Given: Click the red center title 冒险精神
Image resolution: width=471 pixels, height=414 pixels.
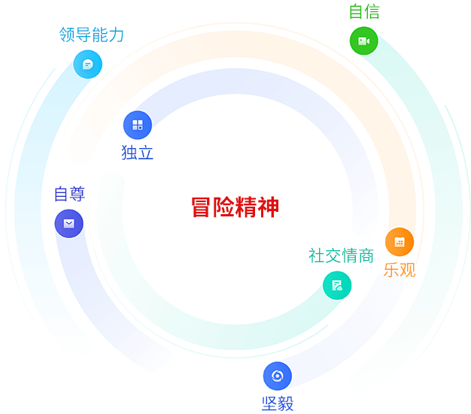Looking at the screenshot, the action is point(235,207).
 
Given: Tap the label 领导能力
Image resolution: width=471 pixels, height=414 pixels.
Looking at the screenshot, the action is point(91,35).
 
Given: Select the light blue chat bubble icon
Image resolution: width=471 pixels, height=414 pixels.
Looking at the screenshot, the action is point(88,64).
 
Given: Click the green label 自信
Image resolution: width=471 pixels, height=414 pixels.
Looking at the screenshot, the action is point(364,12).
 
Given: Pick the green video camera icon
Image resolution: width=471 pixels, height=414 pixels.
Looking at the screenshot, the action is point(363,41).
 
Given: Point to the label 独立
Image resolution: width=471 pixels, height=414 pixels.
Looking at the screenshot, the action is point(137,153).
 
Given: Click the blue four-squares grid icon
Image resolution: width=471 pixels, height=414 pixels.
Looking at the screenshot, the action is point(138,125).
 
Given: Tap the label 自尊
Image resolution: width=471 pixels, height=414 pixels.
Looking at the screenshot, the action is point(69,194).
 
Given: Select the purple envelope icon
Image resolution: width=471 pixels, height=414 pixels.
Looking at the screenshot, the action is point(68,223).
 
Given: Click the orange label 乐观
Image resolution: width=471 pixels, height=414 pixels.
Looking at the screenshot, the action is point(400,270).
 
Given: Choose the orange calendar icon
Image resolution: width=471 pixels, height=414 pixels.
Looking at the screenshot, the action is point(400,242).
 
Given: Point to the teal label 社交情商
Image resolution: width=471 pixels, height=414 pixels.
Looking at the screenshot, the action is point(342,255).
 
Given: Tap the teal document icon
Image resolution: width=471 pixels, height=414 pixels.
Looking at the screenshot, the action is point(337,286).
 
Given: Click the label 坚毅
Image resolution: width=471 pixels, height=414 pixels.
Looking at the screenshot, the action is point(278,403).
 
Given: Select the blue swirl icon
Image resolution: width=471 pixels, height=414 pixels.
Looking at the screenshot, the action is point(277,376).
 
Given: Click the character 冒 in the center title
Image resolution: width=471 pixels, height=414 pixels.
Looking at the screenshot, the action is point(201,207).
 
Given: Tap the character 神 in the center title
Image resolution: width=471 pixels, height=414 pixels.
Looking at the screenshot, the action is point(269,207).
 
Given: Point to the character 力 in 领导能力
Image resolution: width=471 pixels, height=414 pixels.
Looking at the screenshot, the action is point(117,35).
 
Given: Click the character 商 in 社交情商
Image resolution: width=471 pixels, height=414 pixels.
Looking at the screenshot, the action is point(366,255).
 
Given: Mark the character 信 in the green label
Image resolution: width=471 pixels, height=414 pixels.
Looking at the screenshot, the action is point(372,12).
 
